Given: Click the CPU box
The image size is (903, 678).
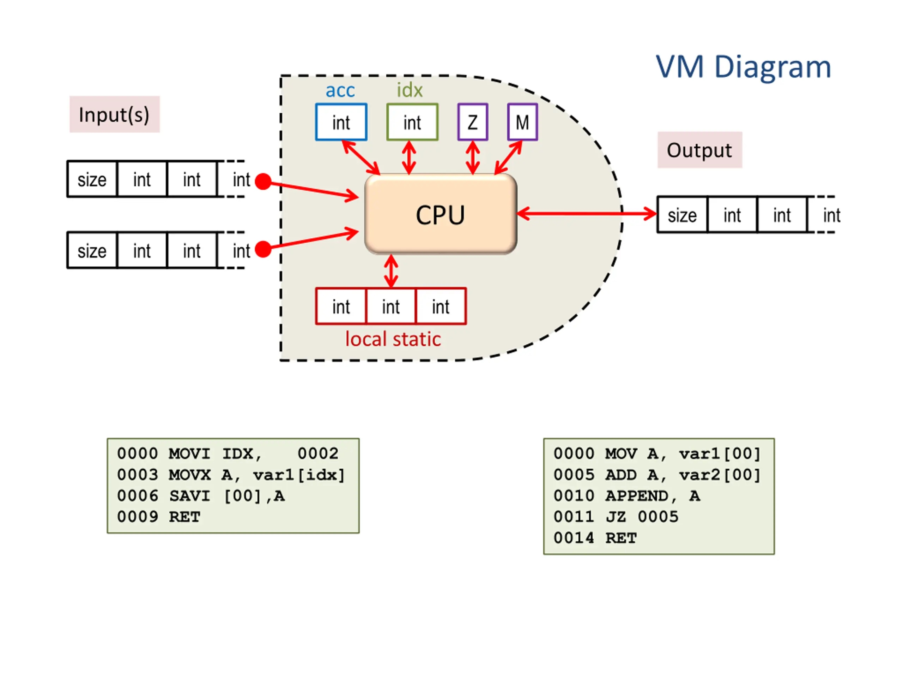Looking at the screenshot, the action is point(441,214).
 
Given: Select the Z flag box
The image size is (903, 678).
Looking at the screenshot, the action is point(473,122).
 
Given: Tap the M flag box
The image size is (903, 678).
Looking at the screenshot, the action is point(522,122).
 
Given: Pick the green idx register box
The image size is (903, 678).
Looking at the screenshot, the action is point(412,122).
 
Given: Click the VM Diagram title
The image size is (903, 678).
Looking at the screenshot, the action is point(743,67).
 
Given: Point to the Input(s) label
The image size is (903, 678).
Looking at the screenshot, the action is point(114,114).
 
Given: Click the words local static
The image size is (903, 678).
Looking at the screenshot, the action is point(393,339).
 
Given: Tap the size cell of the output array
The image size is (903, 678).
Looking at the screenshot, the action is point(682,215).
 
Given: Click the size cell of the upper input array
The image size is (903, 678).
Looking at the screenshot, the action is point(92,179).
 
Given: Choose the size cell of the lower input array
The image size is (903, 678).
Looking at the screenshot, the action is point(92,250).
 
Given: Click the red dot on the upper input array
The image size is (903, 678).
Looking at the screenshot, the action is point(263,182).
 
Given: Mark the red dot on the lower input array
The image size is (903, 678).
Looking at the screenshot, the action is point(263,249).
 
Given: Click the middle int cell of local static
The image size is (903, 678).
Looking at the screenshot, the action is point(391,307).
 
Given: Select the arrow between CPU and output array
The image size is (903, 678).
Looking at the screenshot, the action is point(587,214).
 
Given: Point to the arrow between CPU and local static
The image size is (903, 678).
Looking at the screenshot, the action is point(391,271).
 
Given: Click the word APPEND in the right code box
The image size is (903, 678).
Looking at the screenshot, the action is point(637,496).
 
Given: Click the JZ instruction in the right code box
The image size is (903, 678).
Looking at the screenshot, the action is point(616,517).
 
